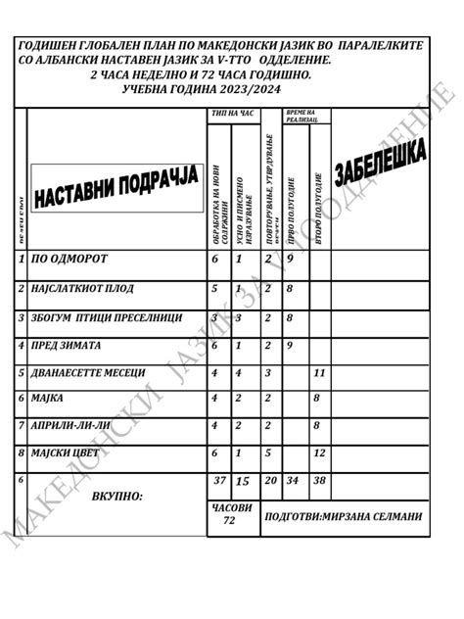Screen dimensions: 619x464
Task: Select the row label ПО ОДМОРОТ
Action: pyautogui.click(x=70, y=260)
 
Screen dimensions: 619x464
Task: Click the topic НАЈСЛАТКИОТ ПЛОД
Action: pyautogui.click(x=83, y=290)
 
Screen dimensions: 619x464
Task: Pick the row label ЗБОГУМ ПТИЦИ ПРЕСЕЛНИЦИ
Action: pyautogui.click(x=107, y=318)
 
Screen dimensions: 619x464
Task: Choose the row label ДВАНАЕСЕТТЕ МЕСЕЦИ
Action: pyautogui.click(x=89, y=373)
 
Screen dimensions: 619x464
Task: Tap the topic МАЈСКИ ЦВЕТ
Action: pyautogui.click(x=74, y=453)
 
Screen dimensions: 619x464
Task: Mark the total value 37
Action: pyautogui.click(x=219, y=481)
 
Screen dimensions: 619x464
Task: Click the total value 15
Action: pyautogui.click(x=243, y=482)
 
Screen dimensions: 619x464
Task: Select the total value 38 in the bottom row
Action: pyautogui.click(x=319, y=481)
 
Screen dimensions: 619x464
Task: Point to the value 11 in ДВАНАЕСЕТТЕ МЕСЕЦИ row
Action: pyautogui.click(x=319, y=373)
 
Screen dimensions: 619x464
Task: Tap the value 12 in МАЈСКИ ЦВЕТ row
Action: pyautogui.click(x=319, y=453)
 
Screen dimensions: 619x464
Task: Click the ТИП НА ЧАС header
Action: pyautogui.click(x=232, y=116)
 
